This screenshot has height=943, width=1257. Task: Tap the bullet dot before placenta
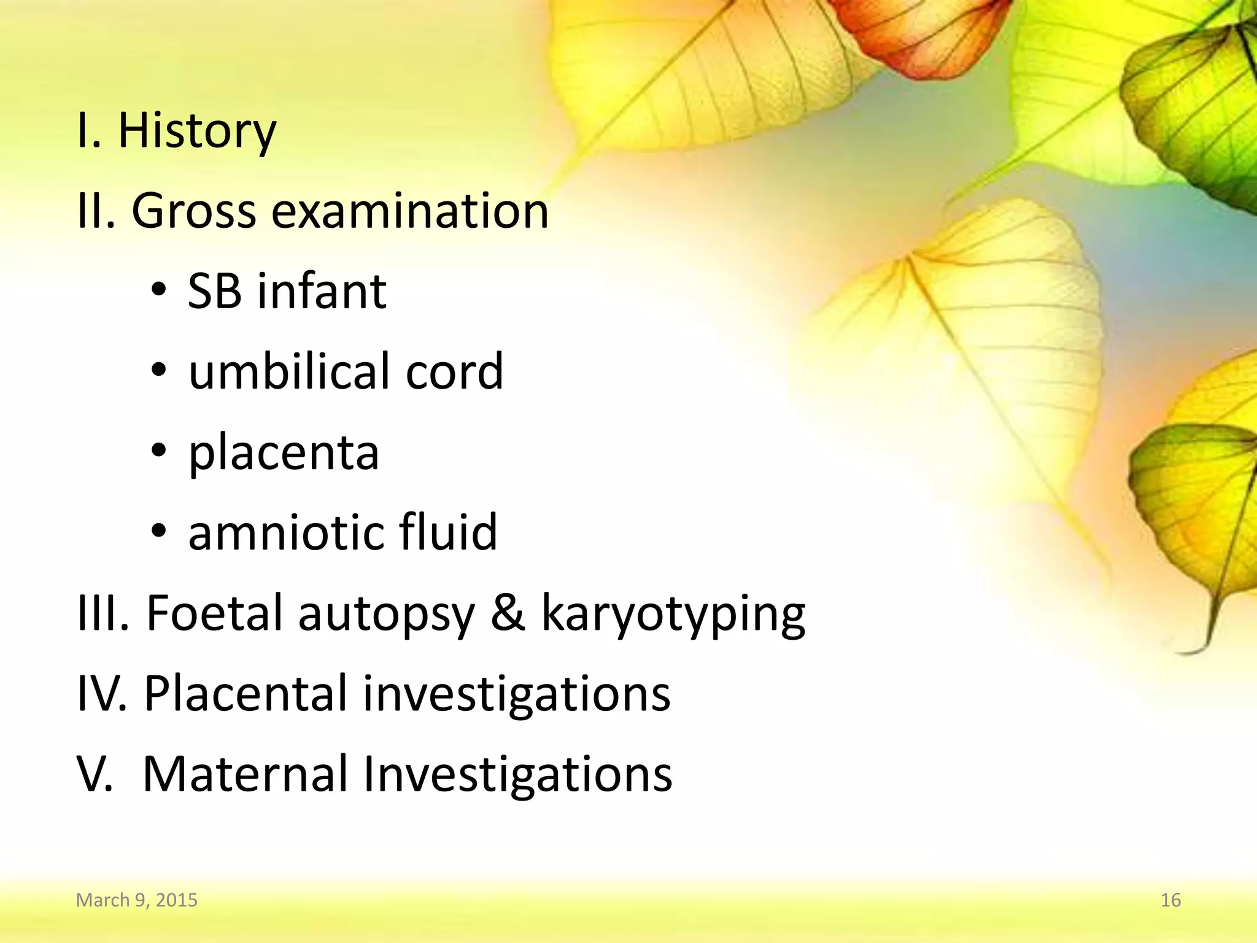(x=159, y=451)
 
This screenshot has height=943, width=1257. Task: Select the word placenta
(x=284, y=453)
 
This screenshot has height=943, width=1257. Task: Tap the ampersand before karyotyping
(x=508, y=613)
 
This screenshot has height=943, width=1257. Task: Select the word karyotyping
(x=673, y=614)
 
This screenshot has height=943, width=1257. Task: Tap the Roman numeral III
(x=102, y=613)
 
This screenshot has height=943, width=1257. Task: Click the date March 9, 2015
(x=136, y=900)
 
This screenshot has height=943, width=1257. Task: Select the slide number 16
(x=1170, y=900)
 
